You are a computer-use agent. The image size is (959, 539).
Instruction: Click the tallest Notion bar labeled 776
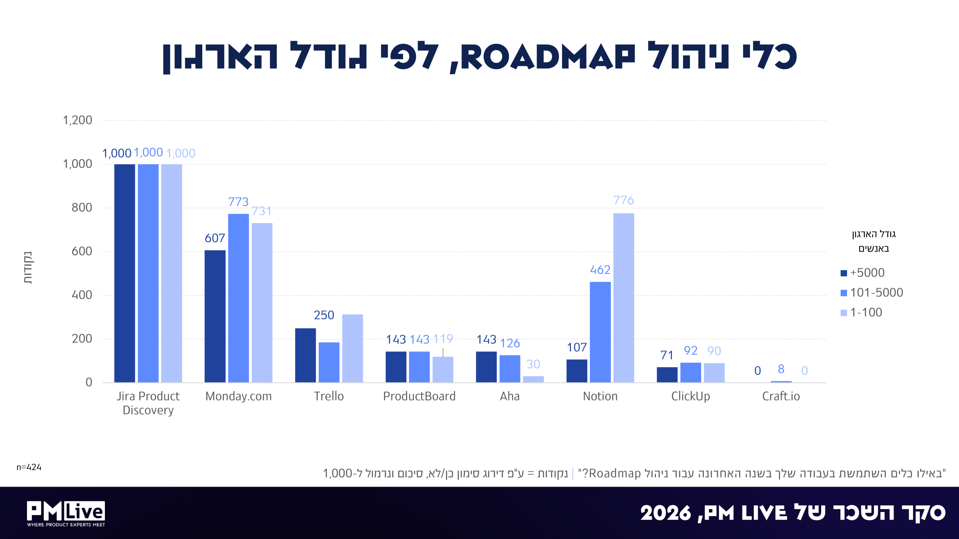coord(623,298)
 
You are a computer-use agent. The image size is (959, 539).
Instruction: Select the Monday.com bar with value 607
coord(215,316)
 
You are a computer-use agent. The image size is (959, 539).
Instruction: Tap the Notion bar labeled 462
coord(600,332)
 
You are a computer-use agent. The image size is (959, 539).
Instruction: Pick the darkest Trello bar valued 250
coord(305,355)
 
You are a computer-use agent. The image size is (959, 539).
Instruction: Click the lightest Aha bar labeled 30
coord(533,379)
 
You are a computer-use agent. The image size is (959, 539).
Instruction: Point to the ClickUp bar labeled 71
coord(667,375)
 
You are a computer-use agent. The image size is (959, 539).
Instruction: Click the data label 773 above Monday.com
coord(238,202)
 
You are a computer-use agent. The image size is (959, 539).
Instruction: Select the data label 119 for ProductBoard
coord(443,339)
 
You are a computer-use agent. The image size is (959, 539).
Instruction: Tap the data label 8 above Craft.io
coord(781,369)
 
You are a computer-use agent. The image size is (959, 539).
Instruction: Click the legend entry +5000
coord(863,272)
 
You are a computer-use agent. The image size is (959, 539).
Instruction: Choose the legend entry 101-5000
coord(872,292)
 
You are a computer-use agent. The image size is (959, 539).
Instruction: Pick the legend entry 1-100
coord(861,312)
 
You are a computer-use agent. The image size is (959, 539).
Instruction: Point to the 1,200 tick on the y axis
coord(78,120)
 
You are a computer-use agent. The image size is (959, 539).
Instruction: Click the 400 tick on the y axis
coord(82,295)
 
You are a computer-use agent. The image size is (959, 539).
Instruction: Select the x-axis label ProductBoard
coord(419,396)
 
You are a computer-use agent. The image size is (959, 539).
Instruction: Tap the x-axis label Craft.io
coord(781,396)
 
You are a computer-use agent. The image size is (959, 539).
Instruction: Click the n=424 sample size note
coord(29,467)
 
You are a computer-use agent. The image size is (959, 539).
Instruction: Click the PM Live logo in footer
coord(66,514)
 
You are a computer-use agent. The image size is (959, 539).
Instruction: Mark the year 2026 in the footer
coord(665,513)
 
